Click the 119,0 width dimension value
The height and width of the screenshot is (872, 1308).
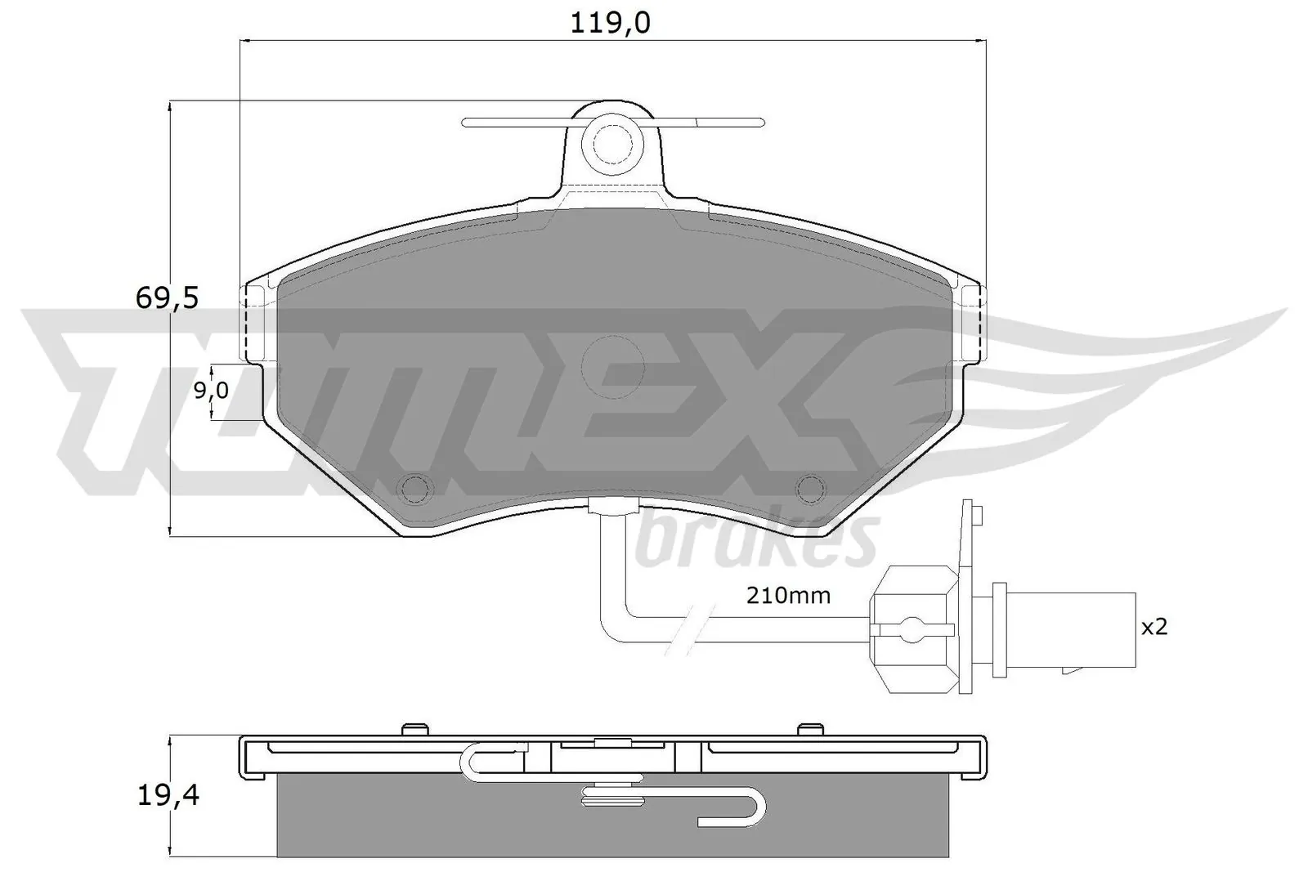(610, 22)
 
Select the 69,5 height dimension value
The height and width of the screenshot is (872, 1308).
(167, 298)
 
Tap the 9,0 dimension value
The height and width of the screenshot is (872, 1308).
(211, 391)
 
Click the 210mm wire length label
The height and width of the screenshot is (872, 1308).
(788, 596)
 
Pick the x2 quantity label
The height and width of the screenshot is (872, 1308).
(1154, 627)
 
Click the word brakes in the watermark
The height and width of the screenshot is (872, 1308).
(756, 540)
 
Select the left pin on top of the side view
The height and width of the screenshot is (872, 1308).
(416, 727)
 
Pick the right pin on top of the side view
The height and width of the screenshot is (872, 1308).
(810, 727)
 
